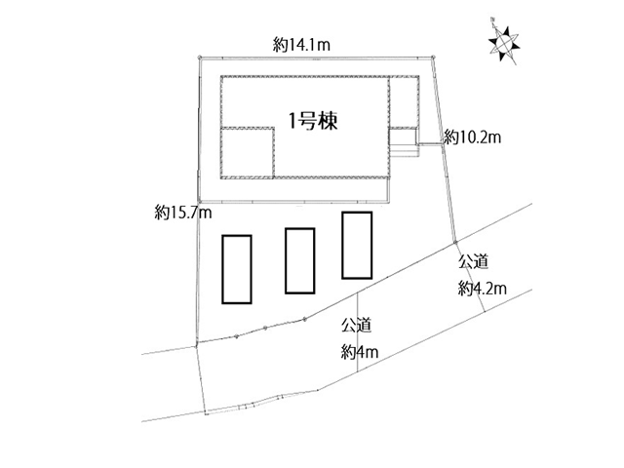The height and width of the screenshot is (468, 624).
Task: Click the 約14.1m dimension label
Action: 301,45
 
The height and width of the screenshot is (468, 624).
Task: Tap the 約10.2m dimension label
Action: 472,137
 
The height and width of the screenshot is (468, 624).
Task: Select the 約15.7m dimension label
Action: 183,213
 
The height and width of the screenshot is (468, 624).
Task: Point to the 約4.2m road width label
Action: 483,289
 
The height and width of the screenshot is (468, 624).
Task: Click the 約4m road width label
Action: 360,352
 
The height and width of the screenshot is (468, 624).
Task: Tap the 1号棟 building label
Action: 313,121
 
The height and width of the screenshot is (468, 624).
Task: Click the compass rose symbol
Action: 504,41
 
